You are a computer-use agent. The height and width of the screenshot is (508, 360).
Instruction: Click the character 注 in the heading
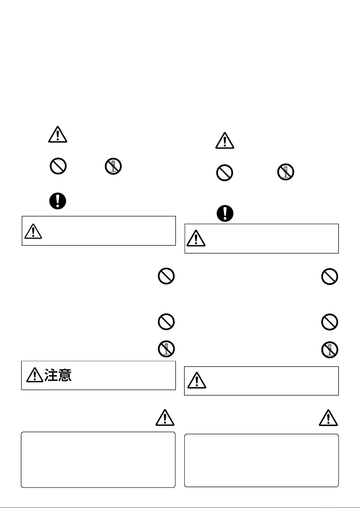pyautogui.click(x=51, y=375)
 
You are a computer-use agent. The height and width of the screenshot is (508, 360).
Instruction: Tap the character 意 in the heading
pyautogui.click(x=65, y=375)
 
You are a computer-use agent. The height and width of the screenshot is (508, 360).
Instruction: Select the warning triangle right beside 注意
pyautogui.click(x=35, y=375)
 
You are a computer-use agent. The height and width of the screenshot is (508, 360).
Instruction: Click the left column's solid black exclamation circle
pyautogui.click(x=58, y=201)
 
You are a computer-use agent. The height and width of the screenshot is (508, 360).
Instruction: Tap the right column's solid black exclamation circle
pyautogui.click(x=225, y=213)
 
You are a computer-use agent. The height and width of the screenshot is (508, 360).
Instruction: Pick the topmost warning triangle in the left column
pyautogui.click(x=58, y=134)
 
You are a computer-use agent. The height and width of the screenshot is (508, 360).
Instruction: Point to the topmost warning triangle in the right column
pyautogui.click(x=225, y=140)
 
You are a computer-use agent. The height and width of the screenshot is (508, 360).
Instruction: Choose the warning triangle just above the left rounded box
pyautogui.click(x=165, y=418)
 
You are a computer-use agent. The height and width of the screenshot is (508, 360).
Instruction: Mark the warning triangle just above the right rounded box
pyautogui.click(x=328, y=418)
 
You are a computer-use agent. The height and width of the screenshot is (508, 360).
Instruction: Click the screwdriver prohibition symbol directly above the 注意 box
pyautogui.click(x=166, y=349)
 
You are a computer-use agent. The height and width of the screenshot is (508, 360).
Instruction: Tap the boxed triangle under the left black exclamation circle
pyautogui.click(x=33, y=231)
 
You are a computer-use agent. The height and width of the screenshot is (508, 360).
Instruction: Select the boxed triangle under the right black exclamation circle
pyautogui.click(x=196, y=238)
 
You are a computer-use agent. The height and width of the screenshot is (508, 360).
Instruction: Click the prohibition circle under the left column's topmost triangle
pyautogui.click(x=58, y=166)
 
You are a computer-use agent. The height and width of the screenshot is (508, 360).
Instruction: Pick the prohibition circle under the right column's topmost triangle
pyautogui.click(x=225, y=173)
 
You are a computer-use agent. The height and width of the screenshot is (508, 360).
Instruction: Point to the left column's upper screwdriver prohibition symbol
pyautogui.click(x=113, y=166)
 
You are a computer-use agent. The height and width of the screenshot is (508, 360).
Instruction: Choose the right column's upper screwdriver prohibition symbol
pyautogui.click(x=286, y=172)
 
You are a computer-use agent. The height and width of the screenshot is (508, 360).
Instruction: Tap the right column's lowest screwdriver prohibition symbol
pyautogui.click(x=330, y=350)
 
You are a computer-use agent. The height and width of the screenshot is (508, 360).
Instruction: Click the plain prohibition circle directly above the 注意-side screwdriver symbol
pyautogui.click(x=166, y=322)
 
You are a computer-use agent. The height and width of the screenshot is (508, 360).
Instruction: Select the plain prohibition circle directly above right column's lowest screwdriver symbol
pyautogui.click(x=330, y=322)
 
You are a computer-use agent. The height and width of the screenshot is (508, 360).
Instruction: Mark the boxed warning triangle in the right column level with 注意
pyautogui.click(x=197, y=380)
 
